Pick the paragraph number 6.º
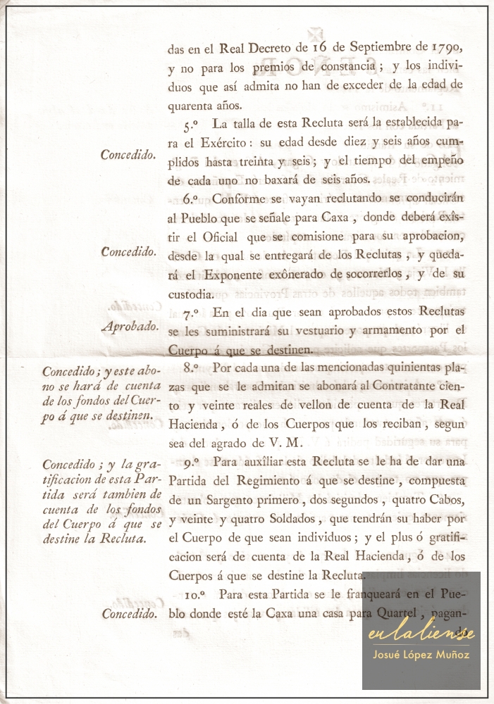pyautogui.click(x=190, y=199)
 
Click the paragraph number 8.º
pyautogui.click(x=190, y=367)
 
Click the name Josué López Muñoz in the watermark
pyautogui.click(x=421, y=655)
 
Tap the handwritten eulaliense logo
pyautogui.click(x=421, y=634)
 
